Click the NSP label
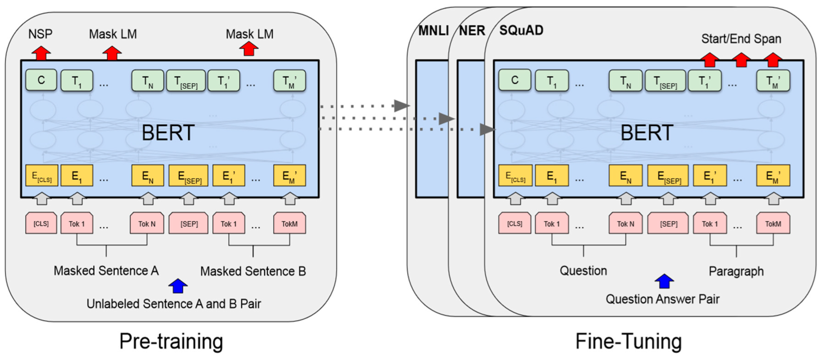tap(40, 34)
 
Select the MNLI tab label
tap(433, 31)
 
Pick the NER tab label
tap(472, 31)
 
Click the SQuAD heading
tap(521, 30)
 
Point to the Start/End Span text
tap(741, 39)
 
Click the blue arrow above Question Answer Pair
tap(664, 281)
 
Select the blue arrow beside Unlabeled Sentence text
tap(178, 286)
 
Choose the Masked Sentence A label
tap(106, 271)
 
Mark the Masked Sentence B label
tap(253, 272)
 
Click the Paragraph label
tap(736, 271)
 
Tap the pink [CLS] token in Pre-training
tap(41, 224)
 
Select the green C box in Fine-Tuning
tap(515, 80)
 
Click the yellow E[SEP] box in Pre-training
tap(188, 176)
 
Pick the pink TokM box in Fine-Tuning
tap(773, 224)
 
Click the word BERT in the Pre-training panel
tap(168, 133)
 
